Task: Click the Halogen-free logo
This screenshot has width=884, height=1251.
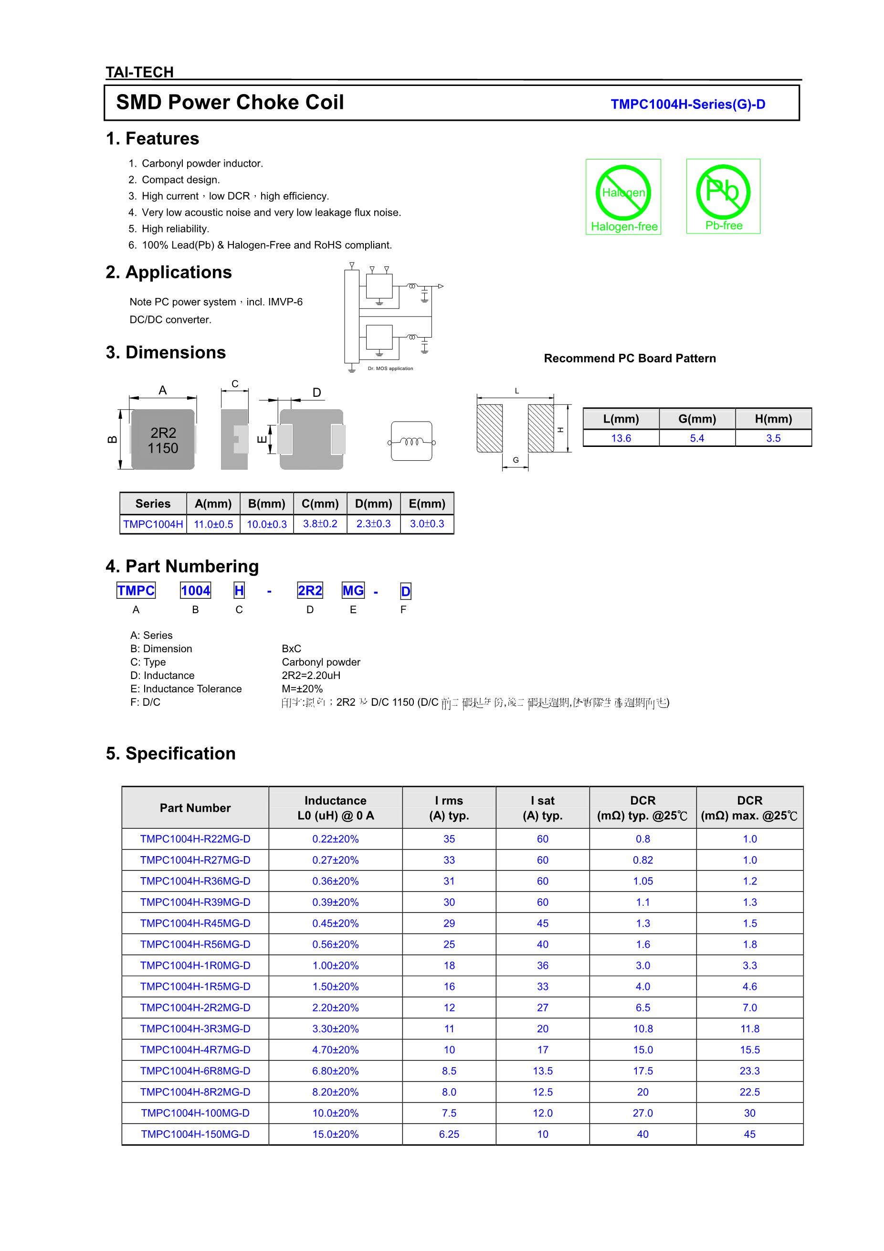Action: pos(623,197)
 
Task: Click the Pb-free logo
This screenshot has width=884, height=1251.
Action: pos(723,196)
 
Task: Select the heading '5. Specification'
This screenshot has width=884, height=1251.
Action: pos(170,753)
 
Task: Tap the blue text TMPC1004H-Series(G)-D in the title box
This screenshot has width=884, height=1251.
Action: pos(687,104)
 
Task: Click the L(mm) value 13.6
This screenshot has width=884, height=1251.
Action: pos(621,438)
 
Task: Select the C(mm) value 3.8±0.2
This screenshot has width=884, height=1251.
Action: pos(320,524)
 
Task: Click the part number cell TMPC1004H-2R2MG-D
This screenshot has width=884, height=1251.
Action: pos(195,1007)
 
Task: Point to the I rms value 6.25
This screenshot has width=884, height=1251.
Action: pos(449,1134)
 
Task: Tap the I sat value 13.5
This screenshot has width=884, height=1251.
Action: pos(543,1071)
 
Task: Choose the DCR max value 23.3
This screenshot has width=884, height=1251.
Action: pos(749,1071)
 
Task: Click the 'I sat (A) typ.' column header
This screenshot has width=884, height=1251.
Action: pos(543,807)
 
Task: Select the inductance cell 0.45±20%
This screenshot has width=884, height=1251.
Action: pos(336,923)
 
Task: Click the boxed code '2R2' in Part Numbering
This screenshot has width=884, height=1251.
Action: pos(310,591)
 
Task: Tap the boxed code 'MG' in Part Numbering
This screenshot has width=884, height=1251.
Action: pos(353,591)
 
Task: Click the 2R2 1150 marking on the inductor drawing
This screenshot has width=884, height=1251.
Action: pos(163,440)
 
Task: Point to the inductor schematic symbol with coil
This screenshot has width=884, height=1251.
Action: pos(412,441)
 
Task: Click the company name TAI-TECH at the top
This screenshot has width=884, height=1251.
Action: pos(139,72)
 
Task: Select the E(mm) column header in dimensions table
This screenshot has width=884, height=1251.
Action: pos(427,503)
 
